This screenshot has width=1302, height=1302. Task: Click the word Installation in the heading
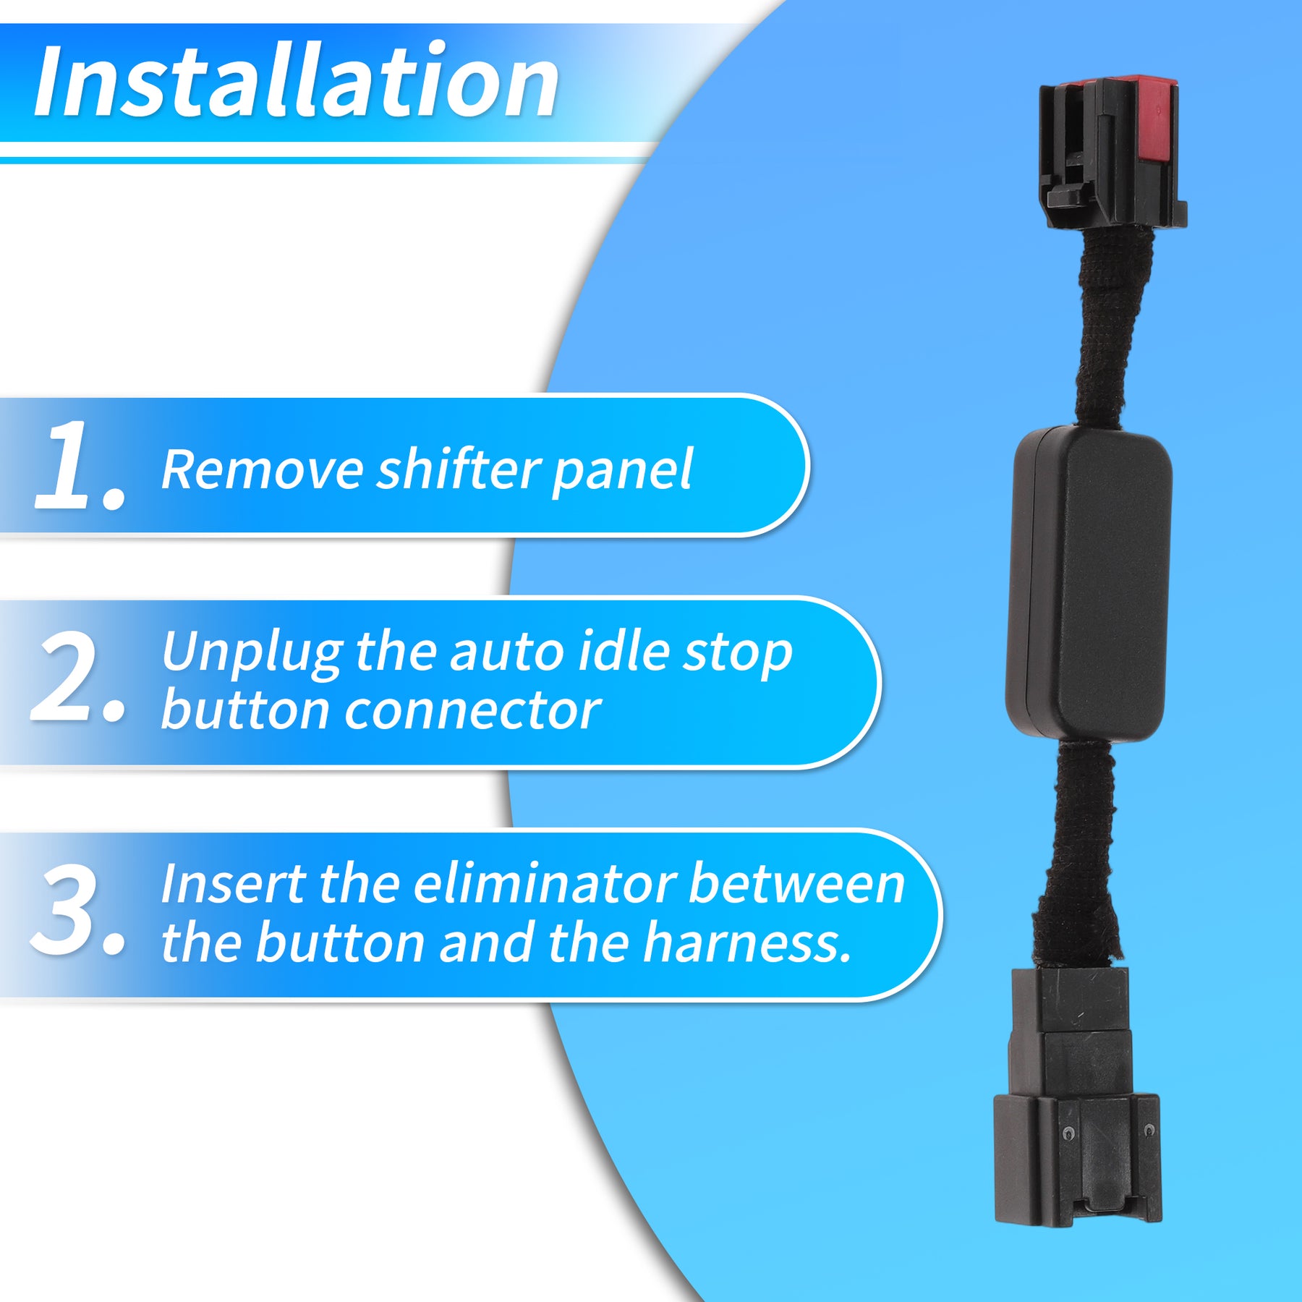tap(297, 80)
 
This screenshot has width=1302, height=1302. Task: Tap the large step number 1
tap(80, 465)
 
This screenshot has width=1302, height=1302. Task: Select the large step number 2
tap(78, 677)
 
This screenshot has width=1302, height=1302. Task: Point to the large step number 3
tap(78, 909)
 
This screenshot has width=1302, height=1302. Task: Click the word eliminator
tap(544, 884)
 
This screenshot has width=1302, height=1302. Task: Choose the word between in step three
tap(796, 884)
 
